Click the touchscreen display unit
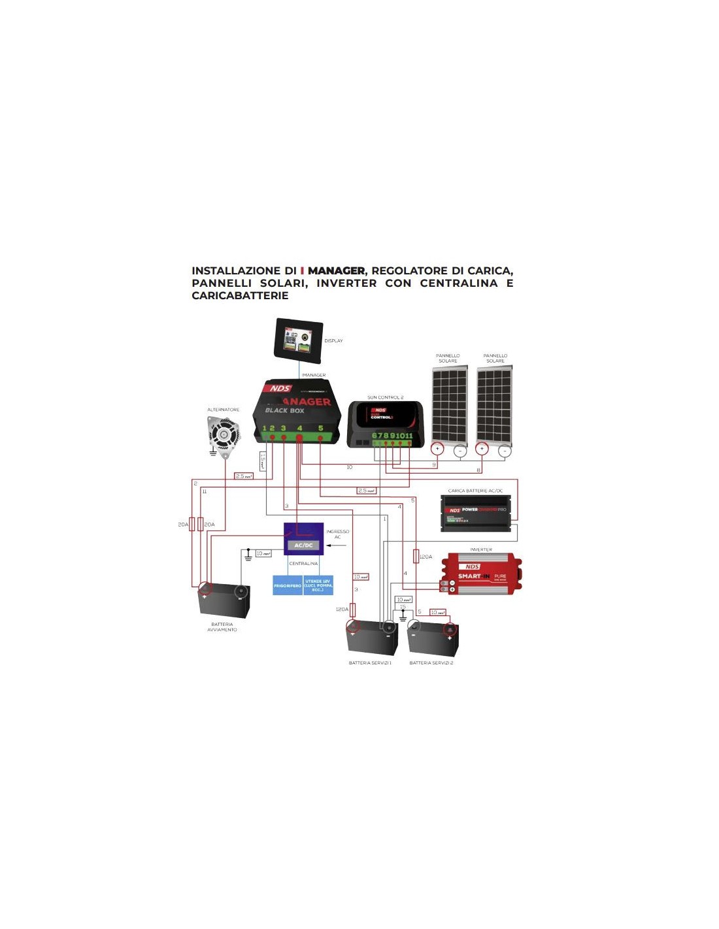pyautogui.click(x=299, y=339)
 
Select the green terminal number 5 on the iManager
pyautogui.click(x=320, y=429)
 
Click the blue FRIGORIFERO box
pyautogui.click(x=288, y=585)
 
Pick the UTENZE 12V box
pyautogui.click(x=318, y=585)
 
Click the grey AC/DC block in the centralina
pyautogui.click(x=303, y=545)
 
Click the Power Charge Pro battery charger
pyautogui.click(x=476, y=512)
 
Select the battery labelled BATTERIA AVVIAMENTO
pyautogui.click(x=224, y=600)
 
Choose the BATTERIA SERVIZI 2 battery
pyautogui.click(x=433, y=638)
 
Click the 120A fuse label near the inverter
pyautogui.click(x=426, y=557)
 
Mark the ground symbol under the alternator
pyautogui.click(x=213, y=452)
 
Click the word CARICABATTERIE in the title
pyautogui.click(x=240, y=295)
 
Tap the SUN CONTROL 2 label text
pyautogui.click(x=385, y=397)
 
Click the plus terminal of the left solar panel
pyautogui.click(x=437, y=449)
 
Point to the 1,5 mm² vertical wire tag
pyautogui.click(x=263, y=461)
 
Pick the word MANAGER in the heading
pyautogui.click(x=336, y=270)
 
